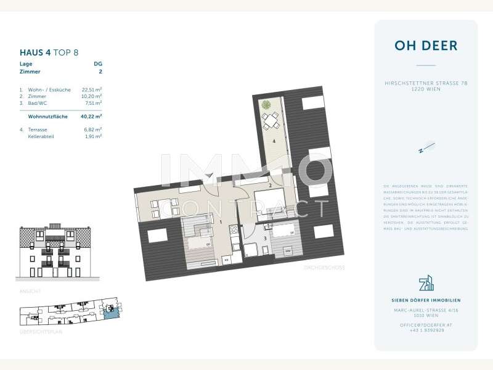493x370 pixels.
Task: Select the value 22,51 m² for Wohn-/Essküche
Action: click(92, 89)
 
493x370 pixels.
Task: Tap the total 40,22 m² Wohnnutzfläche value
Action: click(92, 116)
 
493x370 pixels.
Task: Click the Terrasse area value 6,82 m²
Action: click(92, 129)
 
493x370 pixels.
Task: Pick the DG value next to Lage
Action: click(97, 64)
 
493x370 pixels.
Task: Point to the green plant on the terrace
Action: click(266, 105)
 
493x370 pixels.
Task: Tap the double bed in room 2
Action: click(270, 200)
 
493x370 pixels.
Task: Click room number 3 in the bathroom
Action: click(265, 237)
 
